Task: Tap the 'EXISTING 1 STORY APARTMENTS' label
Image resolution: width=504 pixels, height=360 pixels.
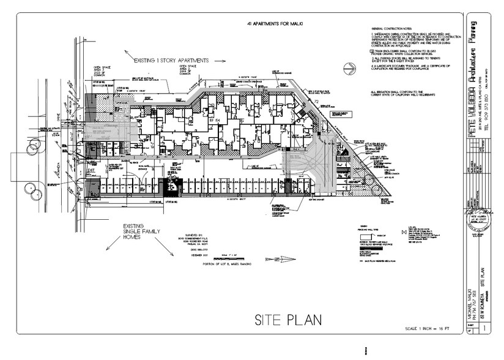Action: [x=172, y=61]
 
